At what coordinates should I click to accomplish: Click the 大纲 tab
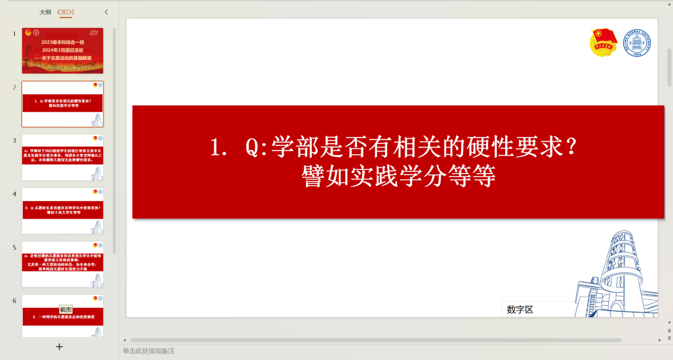45,12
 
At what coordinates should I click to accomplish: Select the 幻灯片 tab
66,12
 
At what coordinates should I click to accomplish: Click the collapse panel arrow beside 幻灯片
106,12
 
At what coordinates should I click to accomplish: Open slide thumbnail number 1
63,50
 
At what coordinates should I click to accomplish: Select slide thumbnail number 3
63,157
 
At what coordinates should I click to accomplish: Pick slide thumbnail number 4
63,211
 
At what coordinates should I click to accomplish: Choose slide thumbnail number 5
63,264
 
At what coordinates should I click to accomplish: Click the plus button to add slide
59,347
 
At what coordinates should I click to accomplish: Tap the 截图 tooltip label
66,310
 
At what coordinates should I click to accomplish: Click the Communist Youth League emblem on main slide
604,43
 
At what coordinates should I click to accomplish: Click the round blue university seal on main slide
637,43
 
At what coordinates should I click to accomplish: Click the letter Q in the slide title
252,148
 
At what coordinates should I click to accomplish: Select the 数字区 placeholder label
520,310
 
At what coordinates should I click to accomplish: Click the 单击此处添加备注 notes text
149,351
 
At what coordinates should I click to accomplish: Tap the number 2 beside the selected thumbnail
15,87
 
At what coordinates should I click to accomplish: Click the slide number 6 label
15,301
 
